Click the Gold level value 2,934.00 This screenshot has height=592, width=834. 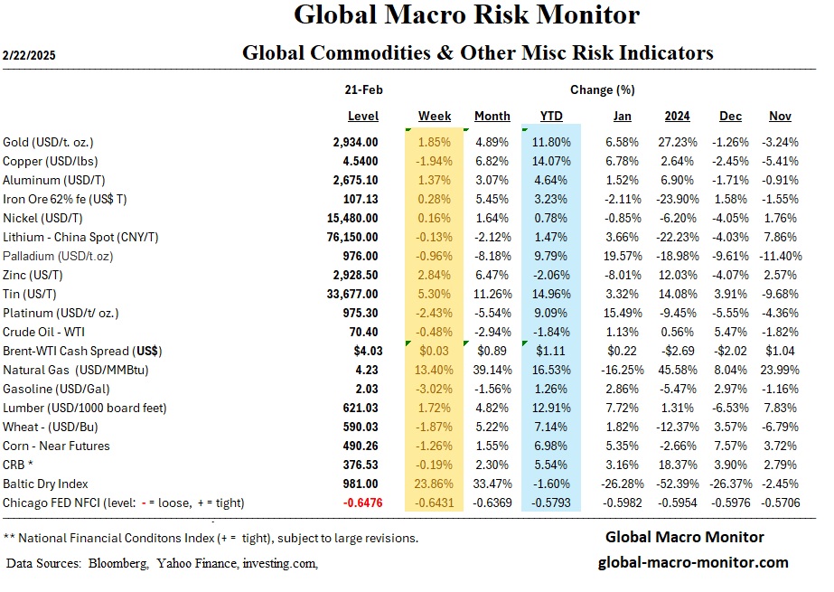tap(356, 142)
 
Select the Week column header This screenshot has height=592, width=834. tap(435, 117)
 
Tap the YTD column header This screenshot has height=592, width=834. tap(551, 117)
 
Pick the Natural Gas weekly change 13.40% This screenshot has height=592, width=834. tap(435, 369)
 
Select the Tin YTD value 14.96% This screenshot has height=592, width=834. tap(552, 293)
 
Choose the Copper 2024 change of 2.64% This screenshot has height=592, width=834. tap(678, 160)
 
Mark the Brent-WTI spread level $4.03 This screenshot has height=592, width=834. tap(362, 350)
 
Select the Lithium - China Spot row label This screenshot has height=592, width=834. tap(81, 236)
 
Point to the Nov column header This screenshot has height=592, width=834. tap(780, 117)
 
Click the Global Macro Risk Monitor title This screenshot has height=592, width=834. tap(466, 15)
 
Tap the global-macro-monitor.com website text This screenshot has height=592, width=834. tap(693, 562)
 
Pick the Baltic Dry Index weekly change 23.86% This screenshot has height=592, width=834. tap(435, 484)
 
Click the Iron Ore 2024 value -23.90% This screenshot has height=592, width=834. tap(677, 198)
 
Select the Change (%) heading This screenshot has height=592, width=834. tap(602, 90)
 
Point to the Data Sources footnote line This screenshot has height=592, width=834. tap(162, 563)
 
